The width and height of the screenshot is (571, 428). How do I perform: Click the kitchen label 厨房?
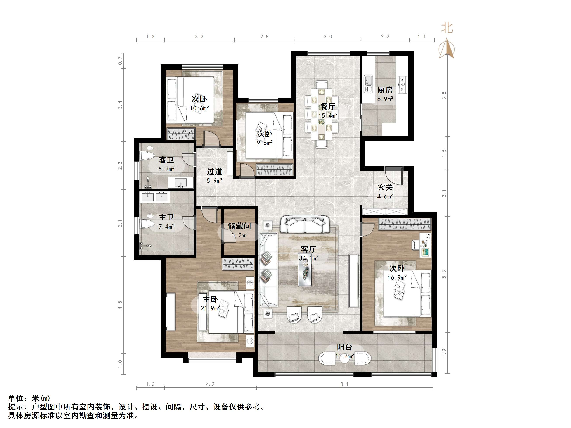click(x=385, y=90)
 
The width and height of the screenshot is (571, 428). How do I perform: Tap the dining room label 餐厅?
click(x=328, y=106)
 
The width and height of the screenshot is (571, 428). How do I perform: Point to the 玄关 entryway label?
click(x=385, y=187)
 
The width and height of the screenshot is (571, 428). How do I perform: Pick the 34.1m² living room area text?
click(x=308, y=258)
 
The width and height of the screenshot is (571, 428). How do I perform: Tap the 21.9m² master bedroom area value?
click(x=210, y=308)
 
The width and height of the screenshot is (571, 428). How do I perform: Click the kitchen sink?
click(x=368, y=84)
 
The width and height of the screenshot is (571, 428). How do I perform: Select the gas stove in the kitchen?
click(x=402, y=85)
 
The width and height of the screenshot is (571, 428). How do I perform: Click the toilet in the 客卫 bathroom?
click(x=147, y=154)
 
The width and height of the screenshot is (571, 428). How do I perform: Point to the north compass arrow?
click(x=447, y=48)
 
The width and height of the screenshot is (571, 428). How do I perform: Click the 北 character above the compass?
click(x=447, y=28)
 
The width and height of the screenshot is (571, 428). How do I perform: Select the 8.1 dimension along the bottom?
click(x=344, y=384)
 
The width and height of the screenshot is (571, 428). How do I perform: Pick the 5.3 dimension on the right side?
click(x=444, y=274)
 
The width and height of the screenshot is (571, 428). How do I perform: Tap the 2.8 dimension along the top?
click(x=265, y=37)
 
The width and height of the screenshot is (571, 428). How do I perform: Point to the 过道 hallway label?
click(x=215, y=172)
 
